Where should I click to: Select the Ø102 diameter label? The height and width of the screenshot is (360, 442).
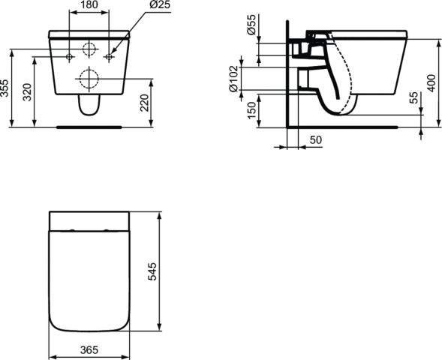coord(234,78)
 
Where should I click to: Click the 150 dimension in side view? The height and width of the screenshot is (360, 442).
coord(251,110)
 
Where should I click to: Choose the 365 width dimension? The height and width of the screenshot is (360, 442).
coord(89,350)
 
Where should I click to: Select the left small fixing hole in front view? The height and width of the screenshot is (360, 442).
coord(69,57)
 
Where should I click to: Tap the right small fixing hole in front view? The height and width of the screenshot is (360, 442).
coord(108,57)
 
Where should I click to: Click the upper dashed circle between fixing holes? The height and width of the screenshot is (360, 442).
coord(89,50)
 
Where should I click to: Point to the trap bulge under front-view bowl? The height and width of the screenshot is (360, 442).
coord(89,108)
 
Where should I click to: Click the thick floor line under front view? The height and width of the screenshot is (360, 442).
coord(89,127)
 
